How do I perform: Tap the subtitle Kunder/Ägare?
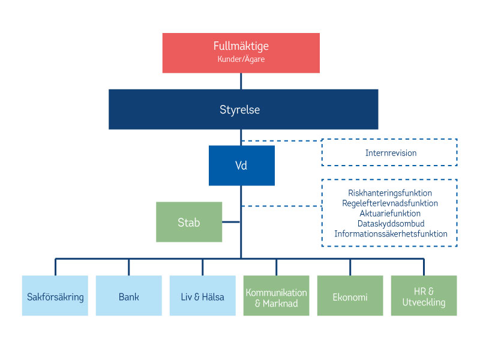click(x=241, y=59)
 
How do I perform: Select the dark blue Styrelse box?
click(x=243, y=110)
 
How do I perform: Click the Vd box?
click(x=241, y=165)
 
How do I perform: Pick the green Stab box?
click(x=188, y=222)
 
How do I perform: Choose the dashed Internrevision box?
click(x=390, y=152)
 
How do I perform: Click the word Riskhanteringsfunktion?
click(x=390, y=193)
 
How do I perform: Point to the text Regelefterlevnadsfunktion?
click(x=390, y=203)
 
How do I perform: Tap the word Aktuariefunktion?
click(x=390, y=214)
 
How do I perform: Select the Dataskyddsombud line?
click(x=390, y=224)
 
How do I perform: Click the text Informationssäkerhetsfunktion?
click(x=390, y=234)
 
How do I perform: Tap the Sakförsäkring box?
click(x=55, y=296)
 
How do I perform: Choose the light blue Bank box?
click(x=128, y=296)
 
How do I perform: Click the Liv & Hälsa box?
click(x=202, y=296)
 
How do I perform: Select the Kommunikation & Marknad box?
click(x=276, y=296)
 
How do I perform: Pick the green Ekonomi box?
click(x=350, y=296)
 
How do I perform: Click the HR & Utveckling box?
click(x=424, y=296)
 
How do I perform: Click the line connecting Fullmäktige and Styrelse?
click(x=241, y=81)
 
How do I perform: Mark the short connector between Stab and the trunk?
click(x=231, y=222)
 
